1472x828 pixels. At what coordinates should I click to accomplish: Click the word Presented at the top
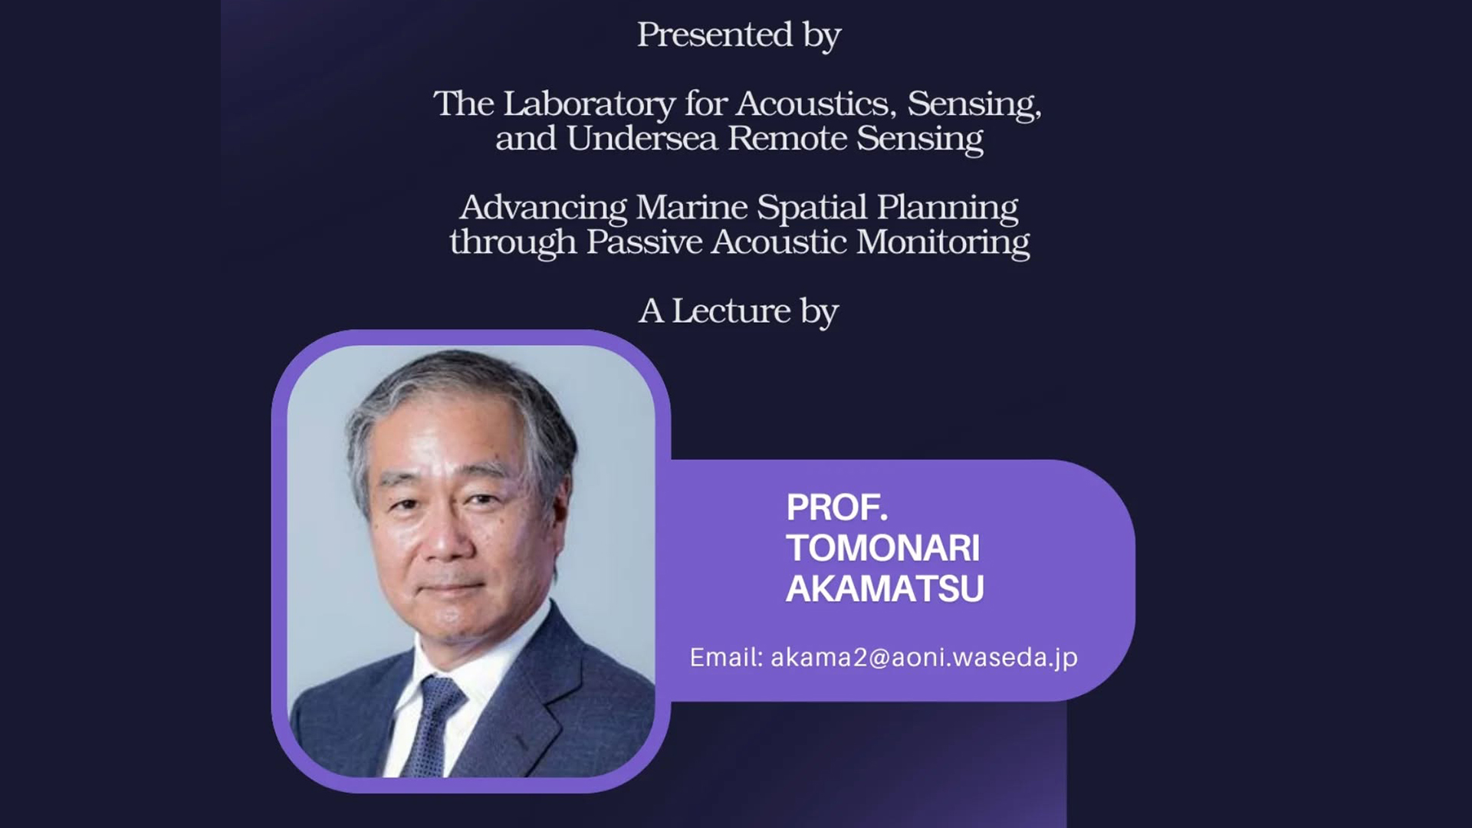(x=715, y=34)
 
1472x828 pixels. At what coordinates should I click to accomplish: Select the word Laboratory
(x=589, y=103)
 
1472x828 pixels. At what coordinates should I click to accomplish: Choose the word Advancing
(x=543, y=208)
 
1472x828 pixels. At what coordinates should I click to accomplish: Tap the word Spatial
(x=812, y=208)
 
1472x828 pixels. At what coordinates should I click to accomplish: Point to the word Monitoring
(x=943, y=243)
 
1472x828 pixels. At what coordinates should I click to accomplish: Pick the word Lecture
(x=731, y=310)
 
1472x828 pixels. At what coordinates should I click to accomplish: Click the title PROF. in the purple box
(x=836, y=508)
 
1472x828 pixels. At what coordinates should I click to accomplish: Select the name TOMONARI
(x=882, y=548)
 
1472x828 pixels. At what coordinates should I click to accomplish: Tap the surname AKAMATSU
(x=885, y=589)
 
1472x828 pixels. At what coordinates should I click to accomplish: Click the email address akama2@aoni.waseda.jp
(x=924, y=658)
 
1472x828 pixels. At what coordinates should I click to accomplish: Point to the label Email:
(x=726, y=658)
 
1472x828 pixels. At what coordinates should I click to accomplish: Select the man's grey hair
(x=460, y=414)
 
